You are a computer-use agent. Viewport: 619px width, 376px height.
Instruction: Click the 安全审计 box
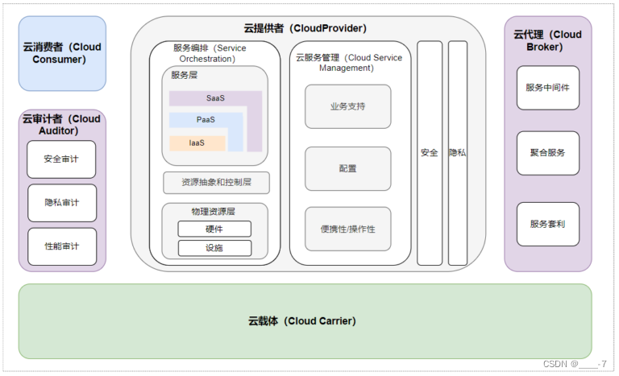pos(61,159)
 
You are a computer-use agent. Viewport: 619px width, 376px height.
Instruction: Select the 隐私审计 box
pos(61,203)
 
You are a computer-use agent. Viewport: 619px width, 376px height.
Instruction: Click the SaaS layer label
pos(215,98)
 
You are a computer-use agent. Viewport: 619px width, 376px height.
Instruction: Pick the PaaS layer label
pos(206,120)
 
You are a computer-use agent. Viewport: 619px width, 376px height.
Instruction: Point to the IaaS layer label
pos(197,143)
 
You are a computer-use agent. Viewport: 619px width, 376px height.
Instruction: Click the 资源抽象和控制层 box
pos(216,183)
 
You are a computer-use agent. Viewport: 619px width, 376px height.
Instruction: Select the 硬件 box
pos(214,229)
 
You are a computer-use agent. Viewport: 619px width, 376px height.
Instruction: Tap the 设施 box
pos(214,248)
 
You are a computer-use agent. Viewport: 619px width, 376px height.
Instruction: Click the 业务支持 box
pos(347,106)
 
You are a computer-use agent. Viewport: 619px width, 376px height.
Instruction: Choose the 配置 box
pos(347,168)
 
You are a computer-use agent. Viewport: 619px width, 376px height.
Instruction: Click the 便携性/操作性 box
pos(347,229)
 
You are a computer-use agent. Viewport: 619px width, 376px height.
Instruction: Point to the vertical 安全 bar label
pos(429,153)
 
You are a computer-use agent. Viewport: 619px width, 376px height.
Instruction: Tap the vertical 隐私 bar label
pos(457,153)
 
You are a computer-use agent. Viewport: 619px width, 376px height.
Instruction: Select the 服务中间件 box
pos(547,88)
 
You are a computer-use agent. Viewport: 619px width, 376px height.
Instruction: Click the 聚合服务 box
pos(547,153)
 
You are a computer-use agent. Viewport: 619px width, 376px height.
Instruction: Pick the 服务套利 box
pos(547,224)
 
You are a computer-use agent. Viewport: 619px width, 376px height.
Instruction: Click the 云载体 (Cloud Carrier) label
pos(302,321)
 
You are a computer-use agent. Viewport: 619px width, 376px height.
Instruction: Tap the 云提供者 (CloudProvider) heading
pos(305,28)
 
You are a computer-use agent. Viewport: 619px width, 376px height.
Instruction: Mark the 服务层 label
pos(184,76)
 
